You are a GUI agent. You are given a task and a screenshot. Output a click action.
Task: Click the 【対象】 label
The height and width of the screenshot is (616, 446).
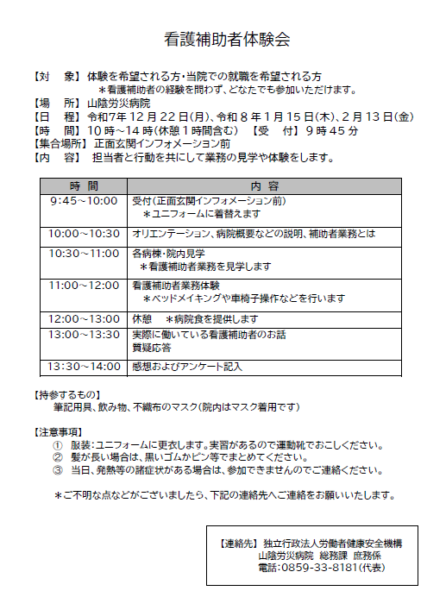(x=56, y=76)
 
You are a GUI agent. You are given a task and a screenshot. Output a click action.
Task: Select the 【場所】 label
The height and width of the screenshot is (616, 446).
(x=56, y=103)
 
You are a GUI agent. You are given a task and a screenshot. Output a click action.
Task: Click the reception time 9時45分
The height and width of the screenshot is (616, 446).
(x=330, y=130)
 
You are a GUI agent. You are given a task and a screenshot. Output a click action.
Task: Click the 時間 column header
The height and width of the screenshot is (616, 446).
(x=85, y=185)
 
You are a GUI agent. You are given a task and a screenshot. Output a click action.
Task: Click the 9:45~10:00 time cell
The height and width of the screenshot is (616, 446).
(x=85, y=200)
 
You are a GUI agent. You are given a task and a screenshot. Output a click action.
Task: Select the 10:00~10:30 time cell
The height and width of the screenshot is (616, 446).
(x=85, y=234)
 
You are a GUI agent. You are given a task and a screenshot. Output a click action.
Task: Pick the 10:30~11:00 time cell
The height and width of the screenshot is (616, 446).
(x=85, y=254)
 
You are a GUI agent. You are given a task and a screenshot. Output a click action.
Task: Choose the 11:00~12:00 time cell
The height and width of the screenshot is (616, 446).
(x=85, y=285)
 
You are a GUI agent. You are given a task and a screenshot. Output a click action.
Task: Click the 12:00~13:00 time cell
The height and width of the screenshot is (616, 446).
(x=85, y=318)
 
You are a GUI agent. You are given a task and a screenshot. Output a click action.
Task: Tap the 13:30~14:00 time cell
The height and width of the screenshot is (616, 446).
(x=85, y=367)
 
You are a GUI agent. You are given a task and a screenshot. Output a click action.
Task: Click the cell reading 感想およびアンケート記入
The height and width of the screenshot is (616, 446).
(x=186, y=367)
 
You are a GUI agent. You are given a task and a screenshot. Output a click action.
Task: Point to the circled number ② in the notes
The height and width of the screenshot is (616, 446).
(x=59, y=457)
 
